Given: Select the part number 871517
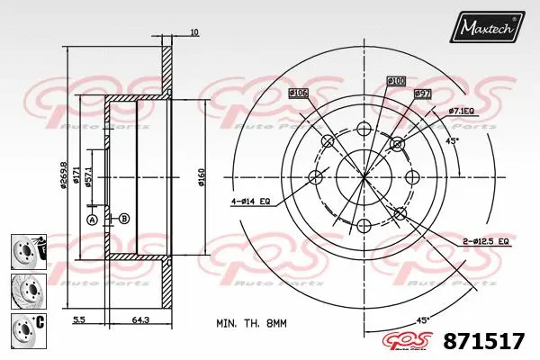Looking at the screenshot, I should click(486, 340).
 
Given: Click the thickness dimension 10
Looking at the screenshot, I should click(194, 33).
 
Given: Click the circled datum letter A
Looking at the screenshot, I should click(91, 219).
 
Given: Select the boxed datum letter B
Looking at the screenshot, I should click(124, 219).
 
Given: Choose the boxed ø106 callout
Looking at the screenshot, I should click(299, 93).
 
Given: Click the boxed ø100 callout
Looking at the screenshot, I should click(397, 81).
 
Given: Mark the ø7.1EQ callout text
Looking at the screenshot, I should click(463, 111).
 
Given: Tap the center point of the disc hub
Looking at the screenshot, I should click(363, 177).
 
